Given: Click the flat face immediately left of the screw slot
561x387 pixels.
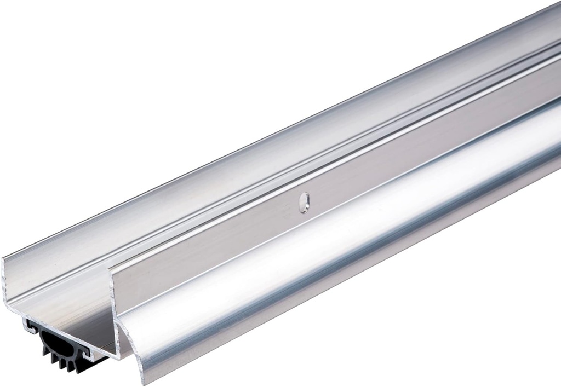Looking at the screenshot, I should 274,213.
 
